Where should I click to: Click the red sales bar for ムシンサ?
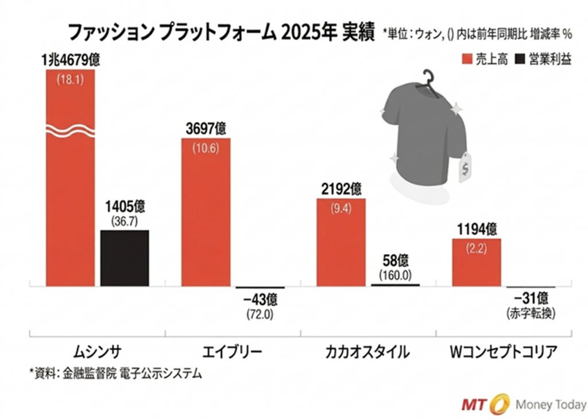[x=70, y=189]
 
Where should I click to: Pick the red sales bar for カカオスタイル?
[x=341, y=241]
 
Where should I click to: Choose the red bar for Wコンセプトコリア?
[x=476, y=261]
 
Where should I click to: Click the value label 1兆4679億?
[x=70, y=59]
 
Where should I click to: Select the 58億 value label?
[x=396, y=261]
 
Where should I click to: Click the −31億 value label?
[x=531, y=299]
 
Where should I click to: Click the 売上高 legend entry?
[x=484, y=60]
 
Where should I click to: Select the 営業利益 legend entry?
[x=543, y=60]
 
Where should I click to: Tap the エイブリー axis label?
[x=233, y=351]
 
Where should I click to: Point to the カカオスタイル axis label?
[x=367, y=351]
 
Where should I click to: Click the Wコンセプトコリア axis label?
[x=503, y=351]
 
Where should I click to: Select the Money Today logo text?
[x=551, y=404]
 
